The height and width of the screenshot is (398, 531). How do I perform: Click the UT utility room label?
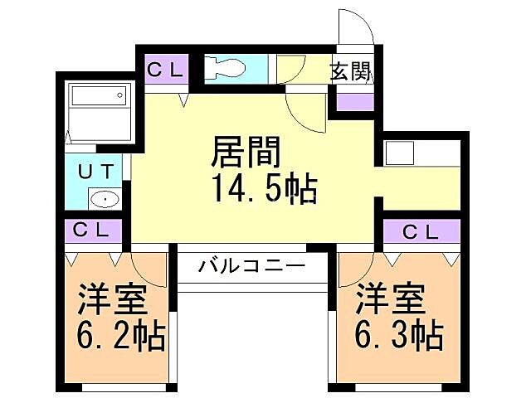point(99,172)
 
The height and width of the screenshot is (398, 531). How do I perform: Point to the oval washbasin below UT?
point(105,199)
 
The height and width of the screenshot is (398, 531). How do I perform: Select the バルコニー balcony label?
point(252,267)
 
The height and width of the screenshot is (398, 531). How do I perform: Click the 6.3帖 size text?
point(398,336)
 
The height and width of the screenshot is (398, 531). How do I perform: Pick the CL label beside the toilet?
point(165,70)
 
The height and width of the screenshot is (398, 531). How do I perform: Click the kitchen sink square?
point(399,154)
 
